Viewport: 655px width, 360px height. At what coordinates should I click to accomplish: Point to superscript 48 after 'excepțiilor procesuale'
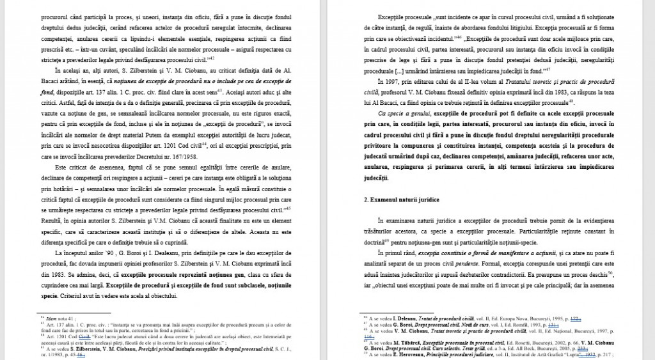click(x=571, y=102)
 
